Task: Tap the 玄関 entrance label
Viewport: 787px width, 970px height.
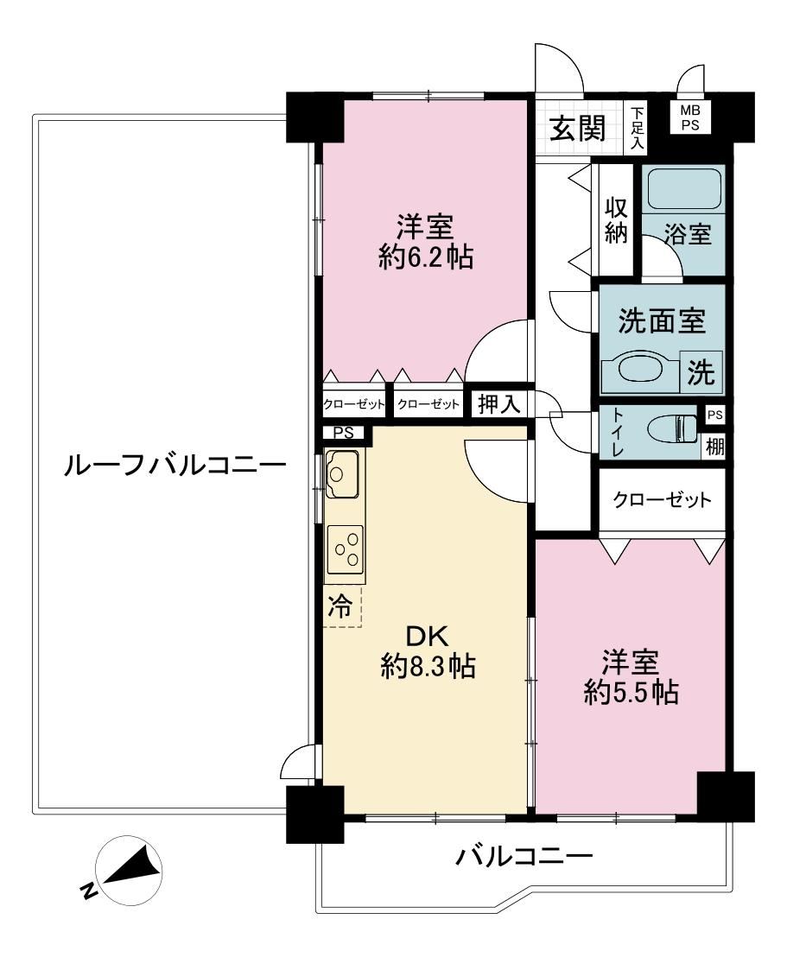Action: (578, 129)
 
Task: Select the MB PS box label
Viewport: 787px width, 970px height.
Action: (690, 117)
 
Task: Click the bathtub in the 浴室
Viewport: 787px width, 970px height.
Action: (683, 189)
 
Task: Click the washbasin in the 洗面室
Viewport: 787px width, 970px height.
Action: (641, 371)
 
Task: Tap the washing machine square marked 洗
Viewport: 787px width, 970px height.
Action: (701, 371)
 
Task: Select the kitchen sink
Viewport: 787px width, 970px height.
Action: (342, 473)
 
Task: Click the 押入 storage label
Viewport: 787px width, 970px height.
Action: (498, 404)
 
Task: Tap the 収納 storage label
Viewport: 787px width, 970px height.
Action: (616, 220)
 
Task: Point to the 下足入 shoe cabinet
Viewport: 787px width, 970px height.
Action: (637, 129)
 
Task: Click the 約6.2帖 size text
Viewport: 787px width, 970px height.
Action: (426, 257)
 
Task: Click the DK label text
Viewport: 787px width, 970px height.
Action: (426, 636)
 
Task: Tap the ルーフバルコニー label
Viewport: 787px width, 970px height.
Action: (175, 465)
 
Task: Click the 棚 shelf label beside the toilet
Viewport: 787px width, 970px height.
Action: (714, 446)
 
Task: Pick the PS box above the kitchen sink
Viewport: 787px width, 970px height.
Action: (343, 433)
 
